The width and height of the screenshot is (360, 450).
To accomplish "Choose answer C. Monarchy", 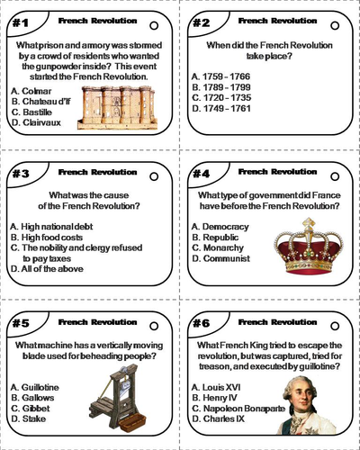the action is tap(220, 247).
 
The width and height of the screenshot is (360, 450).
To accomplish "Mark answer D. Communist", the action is tap(221, 259).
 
